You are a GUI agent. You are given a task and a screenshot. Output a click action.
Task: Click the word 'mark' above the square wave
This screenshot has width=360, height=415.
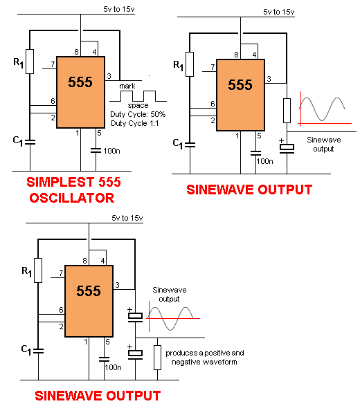click(127, 86)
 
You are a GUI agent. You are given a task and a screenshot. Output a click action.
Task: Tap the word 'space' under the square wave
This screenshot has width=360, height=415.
click(138, 106)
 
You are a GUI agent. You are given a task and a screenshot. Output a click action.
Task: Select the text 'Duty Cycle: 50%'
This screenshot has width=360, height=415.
click(138, 114)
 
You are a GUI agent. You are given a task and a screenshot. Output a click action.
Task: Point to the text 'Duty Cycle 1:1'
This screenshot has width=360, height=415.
click(134, 123)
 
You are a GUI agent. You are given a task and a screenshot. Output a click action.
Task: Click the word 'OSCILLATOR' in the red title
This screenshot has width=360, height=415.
click(72, 198)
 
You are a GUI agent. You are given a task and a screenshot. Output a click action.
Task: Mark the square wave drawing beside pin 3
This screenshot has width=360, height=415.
click(138, 96)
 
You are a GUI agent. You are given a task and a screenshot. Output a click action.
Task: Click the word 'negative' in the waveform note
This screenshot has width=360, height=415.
click(185, 362)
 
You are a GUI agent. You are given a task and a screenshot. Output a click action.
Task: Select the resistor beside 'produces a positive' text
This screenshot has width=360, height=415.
click(158, 358)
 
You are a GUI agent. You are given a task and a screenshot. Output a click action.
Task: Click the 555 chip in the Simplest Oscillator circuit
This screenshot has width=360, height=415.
click(81, 92)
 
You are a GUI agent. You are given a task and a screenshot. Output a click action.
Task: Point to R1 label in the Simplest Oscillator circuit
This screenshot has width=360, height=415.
click(19, 63)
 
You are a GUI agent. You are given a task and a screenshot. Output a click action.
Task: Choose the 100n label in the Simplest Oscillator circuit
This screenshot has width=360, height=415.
click(111, 151)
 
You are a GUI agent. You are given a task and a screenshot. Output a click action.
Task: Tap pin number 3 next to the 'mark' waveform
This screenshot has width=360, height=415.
click(109, 76)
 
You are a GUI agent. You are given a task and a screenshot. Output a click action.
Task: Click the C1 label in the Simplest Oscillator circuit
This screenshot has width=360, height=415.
click(18, 141)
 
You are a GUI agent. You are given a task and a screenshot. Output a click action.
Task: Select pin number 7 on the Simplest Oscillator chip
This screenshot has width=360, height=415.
click(53, 64)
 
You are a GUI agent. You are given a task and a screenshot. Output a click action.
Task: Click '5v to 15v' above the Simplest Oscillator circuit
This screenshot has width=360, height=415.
click(119, 9)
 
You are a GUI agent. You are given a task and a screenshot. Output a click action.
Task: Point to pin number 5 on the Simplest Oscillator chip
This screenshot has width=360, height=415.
click(99, 133)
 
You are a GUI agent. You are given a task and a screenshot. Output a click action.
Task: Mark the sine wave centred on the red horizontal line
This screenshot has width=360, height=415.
click(171, 318)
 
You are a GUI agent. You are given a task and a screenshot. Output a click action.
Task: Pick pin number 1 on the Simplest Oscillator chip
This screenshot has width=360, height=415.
click(78, 133)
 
